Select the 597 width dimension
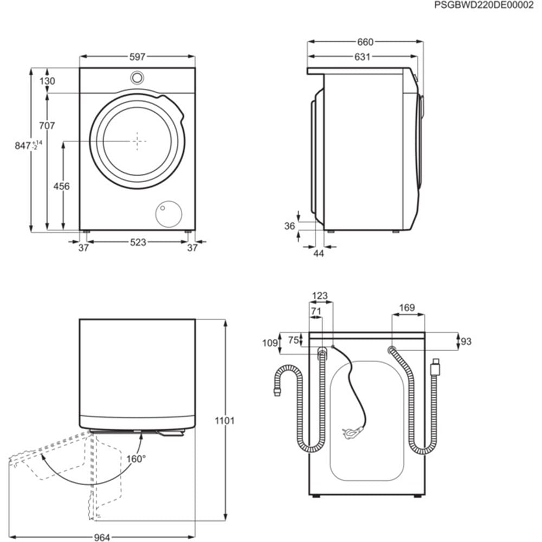[138, 56]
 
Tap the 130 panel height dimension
[48, 81]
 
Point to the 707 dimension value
[47, 126]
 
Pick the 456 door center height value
[62, 186]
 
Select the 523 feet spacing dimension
[138, 242]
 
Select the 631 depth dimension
[362, 56]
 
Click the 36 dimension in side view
[290, 226]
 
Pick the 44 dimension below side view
[319, 253]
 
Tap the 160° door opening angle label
[137, 459]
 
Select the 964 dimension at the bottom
[102, 537]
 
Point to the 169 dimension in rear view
[407, 308]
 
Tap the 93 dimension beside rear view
[466, 341]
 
